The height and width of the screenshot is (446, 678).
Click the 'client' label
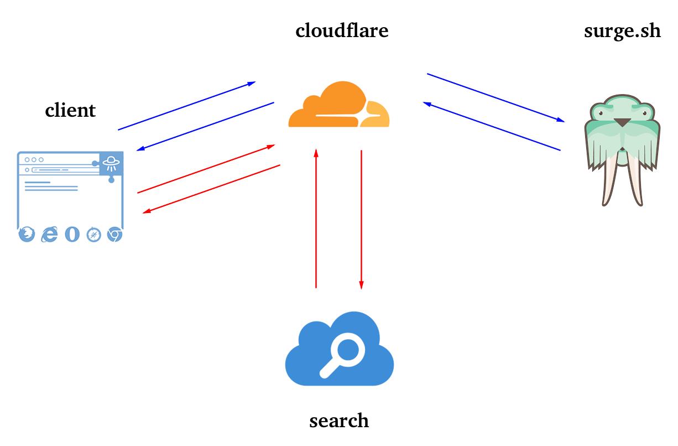(70, 110)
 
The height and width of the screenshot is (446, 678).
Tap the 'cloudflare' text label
(342, 30)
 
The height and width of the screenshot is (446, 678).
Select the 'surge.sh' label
(622, 30)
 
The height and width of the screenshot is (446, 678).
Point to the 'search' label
(339, 421)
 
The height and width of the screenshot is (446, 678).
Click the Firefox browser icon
(27, 235)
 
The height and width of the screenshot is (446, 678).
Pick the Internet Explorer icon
(50, 235)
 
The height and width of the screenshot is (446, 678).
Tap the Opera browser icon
(72, 235)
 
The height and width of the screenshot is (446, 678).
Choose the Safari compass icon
(93, 235)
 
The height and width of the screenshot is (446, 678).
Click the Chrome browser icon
(114, 235)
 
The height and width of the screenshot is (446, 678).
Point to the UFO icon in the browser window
(111, 162)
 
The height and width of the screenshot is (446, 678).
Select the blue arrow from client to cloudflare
(187, 106)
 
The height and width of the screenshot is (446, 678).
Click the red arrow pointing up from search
(316, 219)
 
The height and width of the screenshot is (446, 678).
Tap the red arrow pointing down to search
(361, 219)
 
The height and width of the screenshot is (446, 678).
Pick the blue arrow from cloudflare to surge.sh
(496, 97)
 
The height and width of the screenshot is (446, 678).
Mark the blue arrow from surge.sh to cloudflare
(492, 126)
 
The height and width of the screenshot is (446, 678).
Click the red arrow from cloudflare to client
(211, 189)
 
